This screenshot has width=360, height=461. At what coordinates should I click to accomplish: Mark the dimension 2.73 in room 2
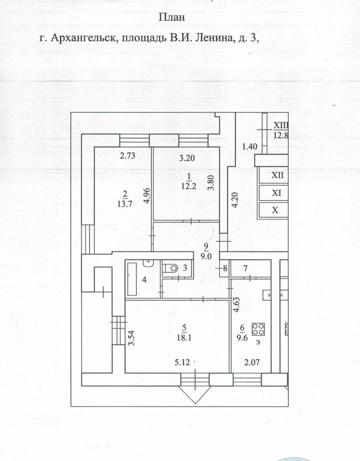127,155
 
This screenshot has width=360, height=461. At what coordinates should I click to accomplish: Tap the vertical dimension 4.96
147,196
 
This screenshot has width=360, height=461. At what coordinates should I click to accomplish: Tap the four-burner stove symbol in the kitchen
258,329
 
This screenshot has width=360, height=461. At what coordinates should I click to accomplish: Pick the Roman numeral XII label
277,175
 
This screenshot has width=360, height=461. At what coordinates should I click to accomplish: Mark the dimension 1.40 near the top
250,147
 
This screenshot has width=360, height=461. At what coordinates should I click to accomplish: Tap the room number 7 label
245,268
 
